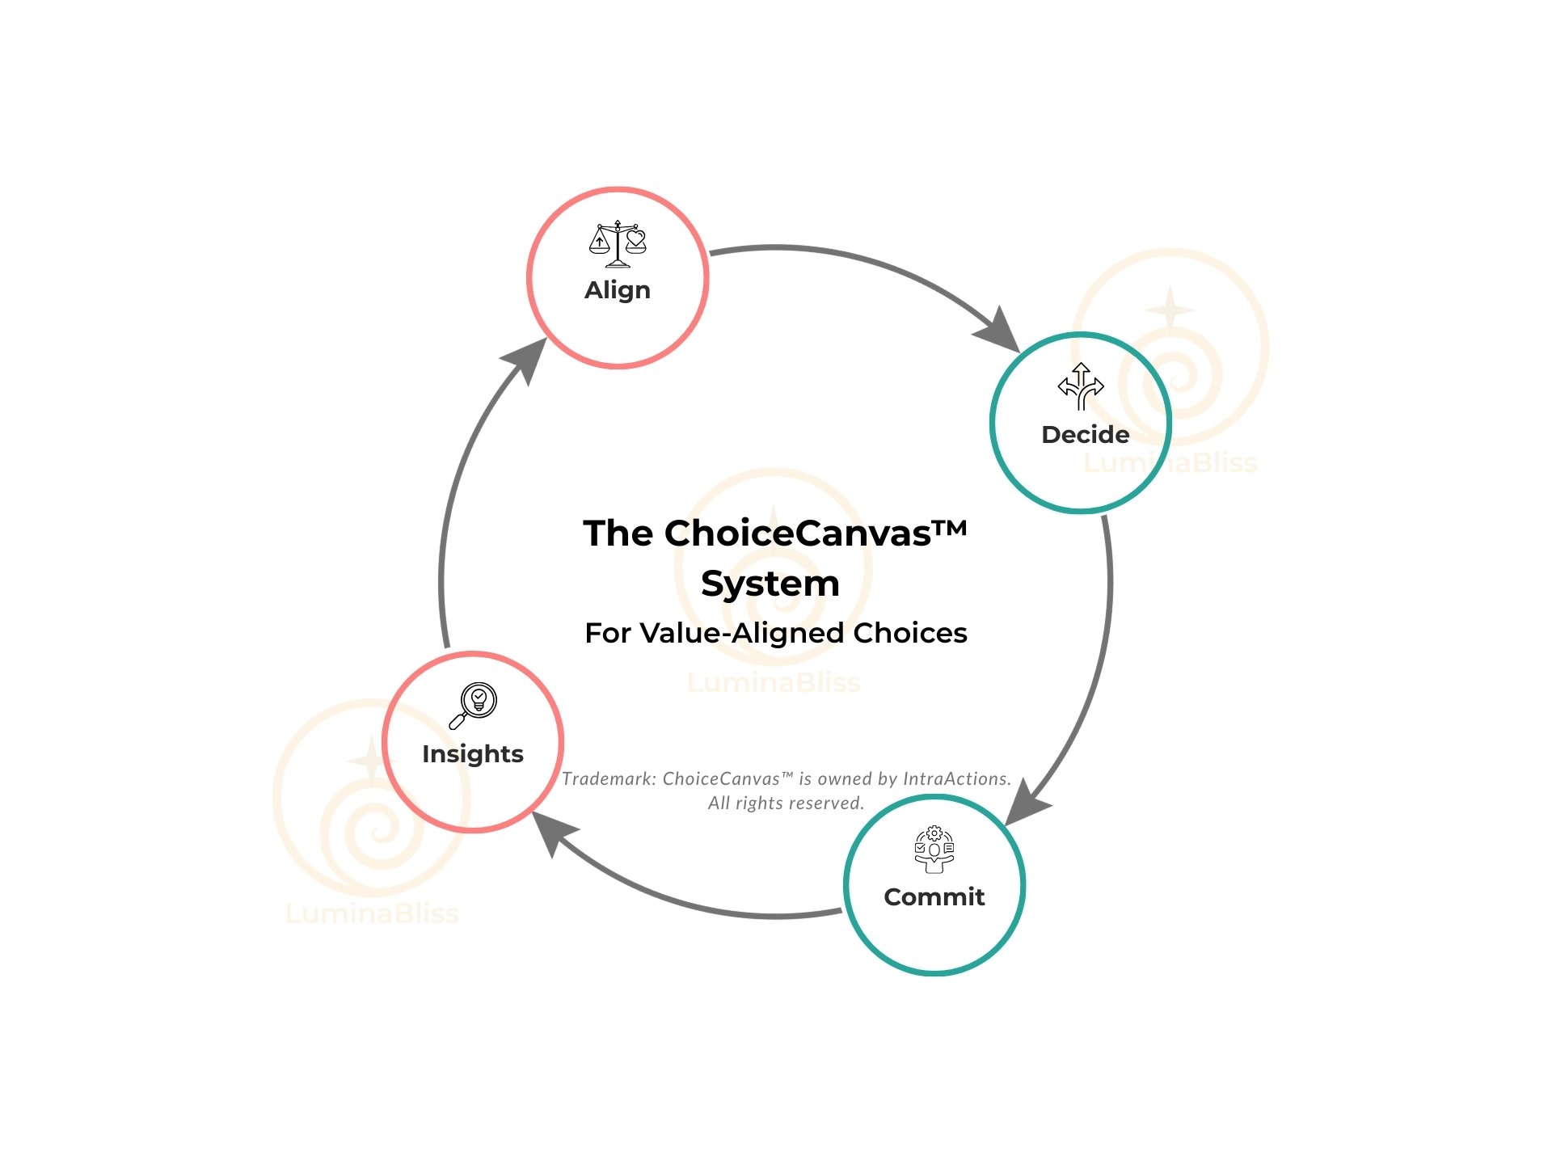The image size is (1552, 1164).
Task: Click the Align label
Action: click(618, 290)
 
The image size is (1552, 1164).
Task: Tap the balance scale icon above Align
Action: click(618, 243)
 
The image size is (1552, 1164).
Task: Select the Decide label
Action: click(1085, 435)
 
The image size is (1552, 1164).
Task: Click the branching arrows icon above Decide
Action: click(1081, 386)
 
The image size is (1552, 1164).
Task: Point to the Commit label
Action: click(934, 897)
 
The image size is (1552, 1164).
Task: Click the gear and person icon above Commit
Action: click(934, 849)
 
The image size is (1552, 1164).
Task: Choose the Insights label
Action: click(473, 754)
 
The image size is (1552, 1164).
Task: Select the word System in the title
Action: click(770, 584)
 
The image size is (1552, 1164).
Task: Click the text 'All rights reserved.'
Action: click(786, 803)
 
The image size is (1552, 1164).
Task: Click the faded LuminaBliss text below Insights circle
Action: click(373, 914)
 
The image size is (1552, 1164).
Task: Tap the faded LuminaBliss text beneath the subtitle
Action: click(774, 683)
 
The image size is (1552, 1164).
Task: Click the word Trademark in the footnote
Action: click(608, 778)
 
